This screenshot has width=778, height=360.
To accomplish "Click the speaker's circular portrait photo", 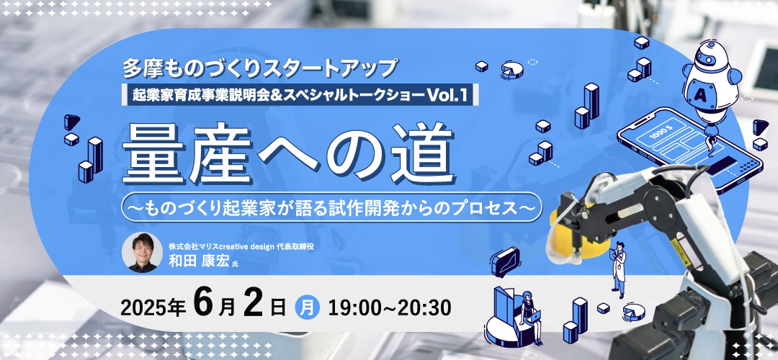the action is tap(143, 253).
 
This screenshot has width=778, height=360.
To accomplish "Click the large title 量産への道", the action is tap(288, 153).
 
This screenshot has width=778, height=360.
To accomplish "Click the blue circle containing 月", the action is tap(308, 307).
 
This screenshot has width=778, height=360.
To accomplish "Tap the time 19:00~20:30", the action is tap(390, 308).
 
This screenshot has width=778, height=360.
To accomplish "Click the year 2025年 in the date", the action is tap(153, 308).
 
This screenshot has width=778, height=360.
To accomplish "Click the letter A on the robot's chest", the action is tap(701, 92).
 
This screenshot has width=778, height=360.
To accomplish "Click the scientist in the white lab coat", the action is tap(618, 269).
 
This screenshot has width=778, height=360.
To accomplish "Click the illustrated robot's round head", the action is tap(708, 57).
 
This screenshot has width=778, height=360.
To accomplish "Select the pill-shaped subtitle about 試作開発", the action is tap(332, 207).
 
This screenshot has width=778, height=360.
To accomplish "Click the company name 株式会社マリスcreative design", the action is tap(233, 246).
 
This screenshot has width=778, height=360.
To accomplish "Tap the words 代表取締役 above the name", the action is tap(315, 246).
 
